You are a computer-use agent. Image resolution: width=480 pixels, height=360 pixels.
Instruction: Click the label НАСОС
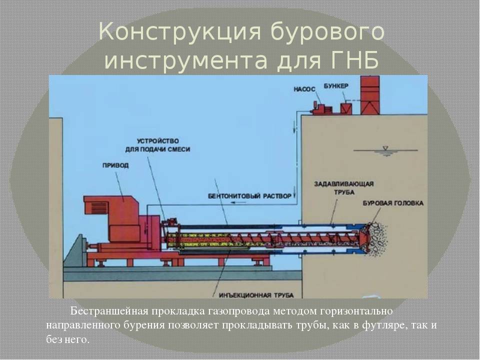tap(304, 89)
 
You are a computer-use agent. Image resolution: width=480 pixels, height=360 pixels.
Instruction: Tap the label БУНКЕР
tap(336, 86)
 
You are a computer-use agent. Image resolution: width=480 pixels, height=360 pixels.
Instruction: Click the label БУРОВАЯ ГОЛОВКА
tap(393, 203)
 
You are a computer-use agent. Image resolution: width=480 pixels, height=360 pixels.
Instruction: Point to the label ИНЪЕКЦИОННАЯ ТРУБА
tap(256, 295)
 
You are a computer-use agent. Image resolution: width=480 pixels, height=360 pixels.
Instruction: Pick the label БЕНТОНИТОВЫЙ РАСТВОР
tap(249, 196)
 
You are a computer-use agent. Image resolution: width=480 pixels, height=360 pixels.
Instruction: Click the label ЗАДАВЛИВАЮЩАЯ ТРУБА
tap(344, 188)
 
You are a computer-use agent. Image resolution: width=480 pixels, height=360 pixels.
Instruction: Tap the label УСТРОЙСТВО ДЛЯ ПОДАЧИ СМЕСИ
tap(157, 145)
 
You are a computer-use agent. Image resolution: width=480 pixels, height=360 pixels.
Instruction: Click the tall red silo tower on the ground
tap(370, 95)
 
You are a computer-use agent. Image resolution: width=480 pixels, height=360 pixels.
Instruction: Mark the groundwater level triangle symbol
tap(385, 148)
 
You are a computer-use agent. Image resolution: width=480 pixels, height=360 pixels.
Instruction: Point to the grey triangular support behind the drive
tap(74, 251)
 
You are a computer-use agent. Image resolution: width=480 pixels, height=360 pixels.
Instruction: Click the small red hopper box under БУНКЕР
tap(346, 108)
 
